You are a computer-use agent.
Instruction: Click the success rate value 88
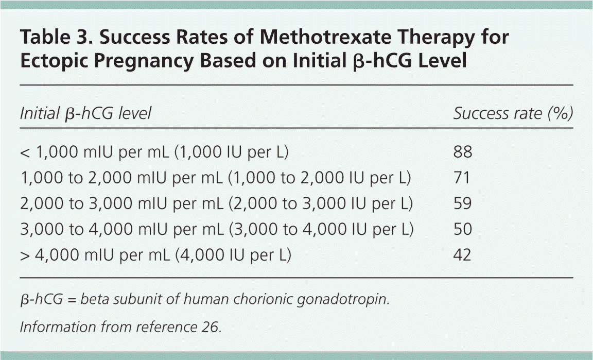point(463,152)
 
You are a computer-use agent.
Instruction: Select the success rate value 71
point(462,178)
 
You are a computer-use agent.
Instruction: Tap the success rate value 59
point(463,203)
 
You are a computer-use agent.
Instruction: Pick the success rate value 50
point(463,229)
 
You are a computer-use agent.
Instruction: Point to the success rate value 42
point(463,254)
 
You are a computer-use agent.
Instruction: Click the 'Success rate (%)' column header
point(513,113)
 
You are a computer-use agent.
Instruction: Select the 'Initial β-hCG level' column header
point(85,113)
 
